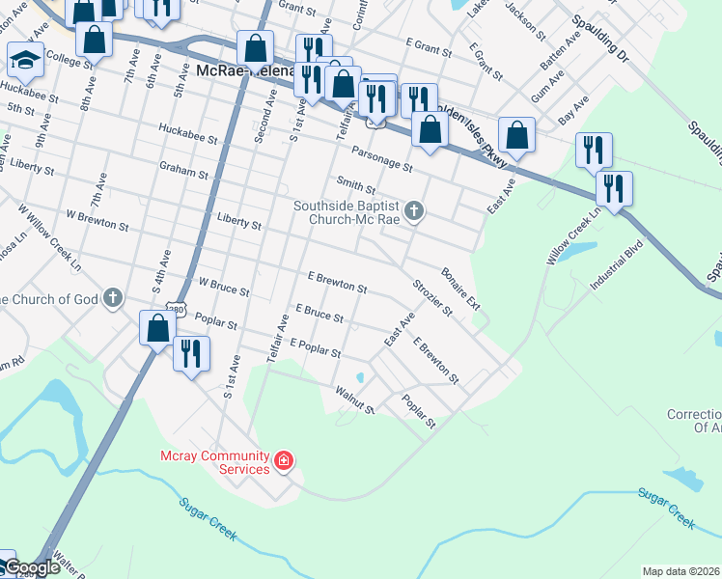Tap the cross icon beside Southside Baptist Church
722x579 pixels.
click(414, 210)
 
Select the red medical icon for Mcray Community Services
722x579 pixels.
click(284, 461)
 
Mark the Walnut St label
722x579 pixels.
click(353, 400)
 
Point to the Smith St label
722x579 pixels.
click(355, 185)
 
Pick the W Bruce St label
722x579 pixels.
click(223, 288)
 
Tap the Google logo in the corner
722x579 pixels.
click(31, 568)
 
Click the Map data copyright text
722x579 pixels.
click(680, 571)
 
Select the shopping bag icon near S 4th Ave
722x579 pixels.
click(157, 329)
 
